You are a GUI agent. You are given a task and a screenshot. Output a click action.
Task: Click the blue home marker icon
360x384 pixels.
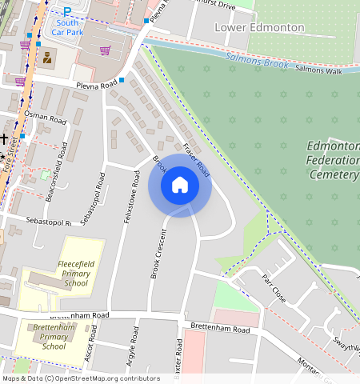(180, 186)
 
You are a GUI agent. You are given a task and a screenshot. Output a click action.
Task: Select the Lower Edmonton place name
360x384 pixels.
(260, 27)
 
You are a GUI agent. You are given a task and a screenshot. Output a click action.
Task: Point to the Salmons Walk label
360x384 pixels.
(318, 71)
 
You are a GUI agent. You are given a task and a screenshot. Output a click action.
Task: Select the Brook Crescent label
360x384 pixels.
(157, 254)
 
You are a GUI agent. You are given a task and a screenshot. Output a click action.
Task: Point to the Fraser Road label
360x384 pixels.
(196, 161)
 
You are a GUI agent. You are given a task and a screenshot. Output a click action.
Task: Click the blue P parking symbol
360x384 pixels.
(67, 11)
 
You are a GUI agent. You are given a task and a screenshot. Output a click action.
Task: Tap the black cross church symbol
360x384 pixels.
(4, 138)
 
